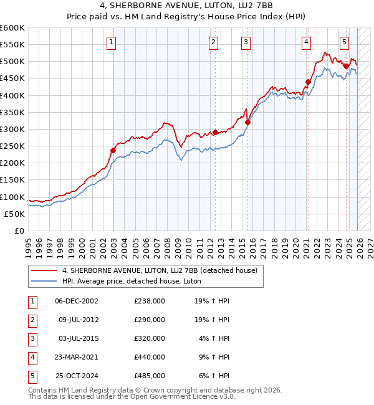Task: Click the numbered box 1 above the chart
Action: (111, 42)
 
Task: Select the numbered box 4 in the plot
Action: (307, 42)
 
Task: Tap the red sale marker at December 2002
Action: (113, 150)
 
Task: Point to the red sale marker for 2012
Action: (215, 132)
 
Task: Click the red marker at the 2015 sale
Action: (247, 122)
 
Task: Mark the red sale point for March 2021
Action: (308, 82)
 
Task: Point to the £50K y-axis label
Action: (15, 214)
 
